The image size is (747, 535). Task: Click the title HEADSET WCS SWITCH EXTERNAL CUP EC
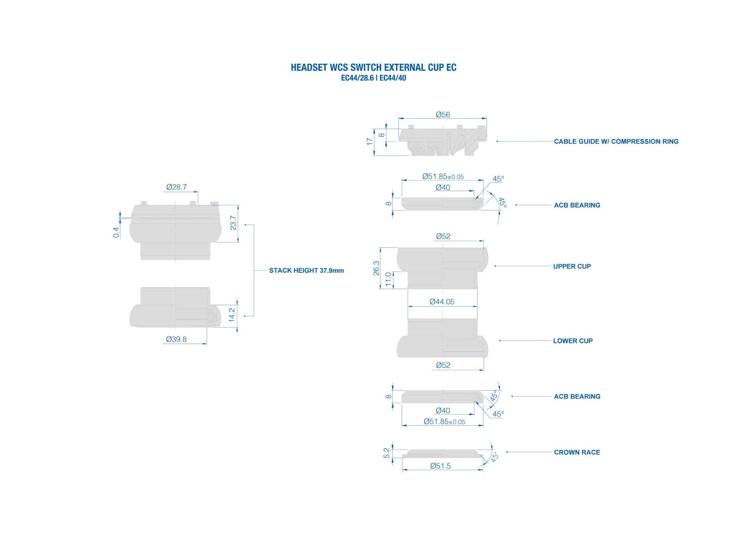373,67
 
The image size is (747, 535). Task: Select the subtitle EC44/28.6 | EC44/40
373,78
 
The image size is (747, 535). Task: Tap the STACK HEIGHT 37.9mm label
307,270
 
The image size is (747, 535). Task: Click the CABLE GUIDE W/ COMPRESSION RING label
616,141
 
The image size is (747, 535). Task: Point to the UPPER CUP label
572,266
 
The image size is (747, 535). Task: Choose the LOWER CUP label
573,341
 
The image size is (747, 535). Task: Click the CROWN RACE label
577,452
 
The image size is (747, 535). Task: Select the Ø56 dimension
443,115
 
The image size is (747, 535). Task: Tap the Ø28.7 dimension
177,187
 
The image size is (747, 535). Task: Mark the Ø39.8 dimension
176,339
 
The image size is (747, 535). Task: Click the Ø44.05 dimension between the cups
442,301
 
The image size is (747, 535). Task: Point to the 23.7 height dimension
233,223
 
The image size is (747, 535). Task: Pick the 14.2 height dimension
232,315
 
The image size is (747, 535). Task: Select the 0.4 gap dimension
116,232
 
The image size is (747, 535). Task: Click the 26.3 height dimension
376,268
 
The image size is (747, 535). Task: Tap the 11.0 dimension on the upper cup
388,279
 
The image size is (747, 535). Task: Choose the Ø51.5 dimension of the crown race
440,466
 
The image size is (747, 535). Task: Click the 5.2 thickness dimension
386,453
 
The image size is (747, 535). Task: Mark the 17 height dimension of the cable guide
370,141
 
